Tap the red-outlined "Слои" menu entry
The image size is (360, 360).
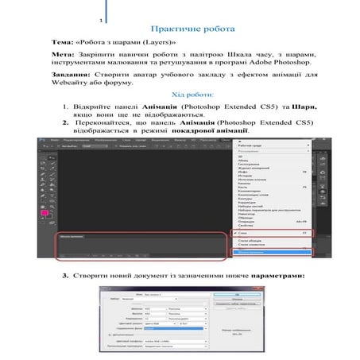[262, 231]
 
